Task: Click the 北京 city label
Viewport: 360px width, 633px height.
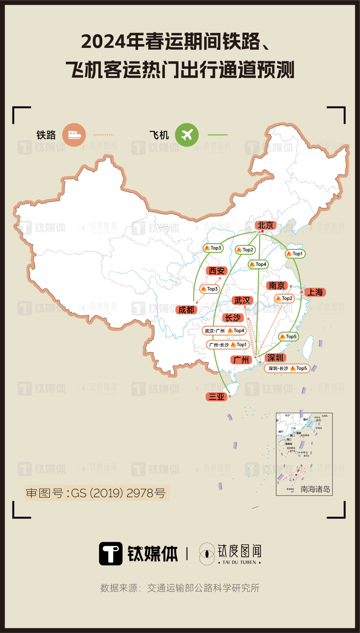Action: pos(266,226)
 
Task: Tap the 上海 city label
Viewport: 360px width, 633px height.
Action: pos(315,292)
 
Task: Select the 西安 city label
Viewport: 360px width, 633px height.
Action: pos(216,271)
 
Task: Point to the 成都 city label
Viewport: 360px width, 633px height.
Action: pos(186,310)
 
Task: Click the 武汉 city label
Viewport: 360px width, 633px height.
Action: pos(242,300)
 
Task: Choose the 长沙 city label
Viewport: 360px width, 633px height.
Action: pos(233,318)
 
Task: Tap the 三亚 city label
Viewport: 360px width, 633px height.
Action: pos(216,397)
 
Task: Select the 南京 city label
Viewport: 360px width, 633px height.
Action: pos(276,286)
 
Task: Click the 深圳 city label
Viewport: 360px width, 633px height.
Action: pos(275,358)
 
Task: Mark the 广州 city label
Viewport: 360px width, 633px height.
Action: pos(241,360)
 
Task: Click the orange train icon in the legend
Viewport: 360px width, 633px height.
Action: pos(74,135)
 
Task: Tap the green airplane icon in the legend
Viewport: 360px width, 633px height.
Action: pos(187,135)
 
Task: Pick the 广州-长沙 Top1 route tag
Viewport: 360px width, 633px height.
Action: pos(228,345)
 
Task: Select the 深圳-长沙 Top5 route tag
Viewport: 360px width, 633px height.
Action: pos(287,369)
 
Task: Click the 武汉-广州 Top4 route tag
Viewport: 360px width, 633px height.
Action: pos(224,331)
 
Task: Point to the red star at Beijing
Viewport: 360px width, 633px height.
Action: pos(262,231)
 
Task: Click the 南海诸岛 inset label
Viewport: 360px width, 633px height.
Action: pos(315,489)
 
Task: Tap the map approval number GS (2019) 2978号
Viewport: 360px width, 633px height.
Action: pos(96,493)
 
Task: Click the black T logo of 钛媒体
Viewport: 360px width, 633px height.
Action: pos(111,553)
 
